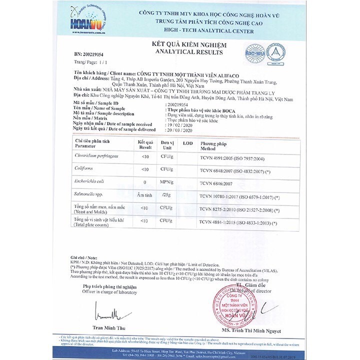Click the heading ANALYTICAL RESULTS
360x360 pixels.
tap(181, 51)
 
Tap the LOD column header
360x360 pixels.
tap(187, 143)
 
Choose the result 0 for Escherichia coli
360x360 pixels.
tap(144, 183)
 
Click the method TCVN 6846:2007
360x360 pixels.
tap(220, 183)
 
